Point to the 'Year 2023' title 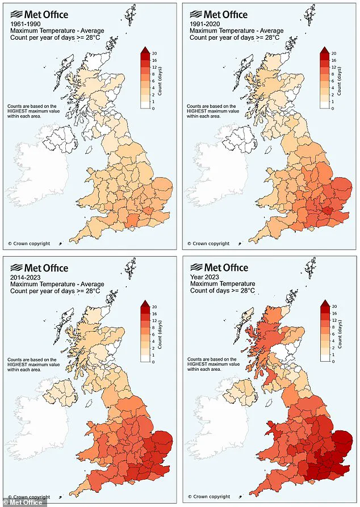204,276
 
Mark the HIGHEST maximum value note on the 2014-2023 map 32,363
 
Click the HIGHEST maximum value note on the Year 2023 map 212,363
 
